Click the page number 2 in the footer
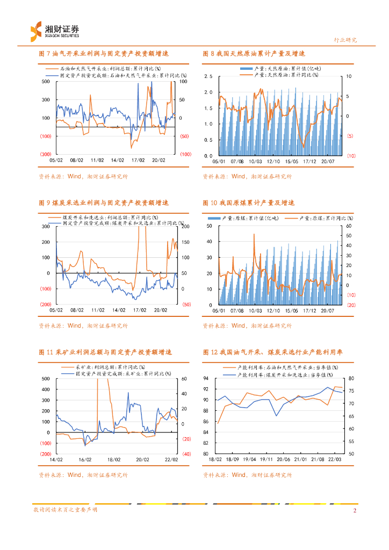click(x=355, y=510)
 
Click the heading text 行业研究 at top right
click(x=345, y=40)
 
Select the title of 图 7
click(x=104, y=54)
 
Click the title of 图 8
click(x=254, y=54)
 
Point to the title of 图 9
click(x=104, y=203)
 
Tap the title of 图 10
click(x=249, y=203)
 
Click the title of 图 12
click(x=273, y=352)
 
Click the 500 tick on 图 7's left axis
click(x=46, y=82)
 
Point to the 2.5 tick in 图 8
click(x=208, y=76)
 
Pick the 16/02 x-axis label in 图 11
click(x=85, y=459)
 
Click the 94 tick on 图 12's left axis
click(x=206, y=379)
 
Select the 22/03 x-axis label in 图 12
click(x=334, y=459)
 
